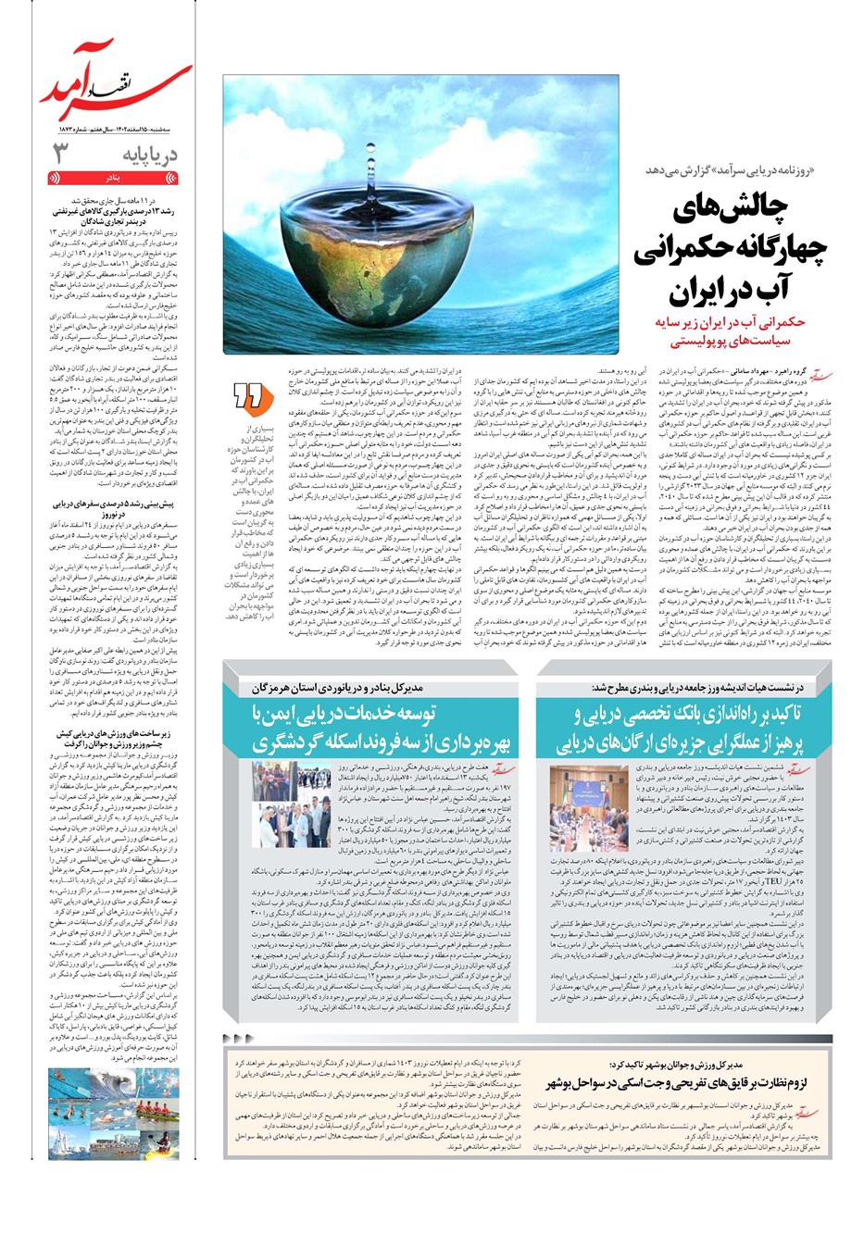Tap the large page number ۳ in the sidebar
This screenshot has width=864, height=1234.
click(x=60, y=153)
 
